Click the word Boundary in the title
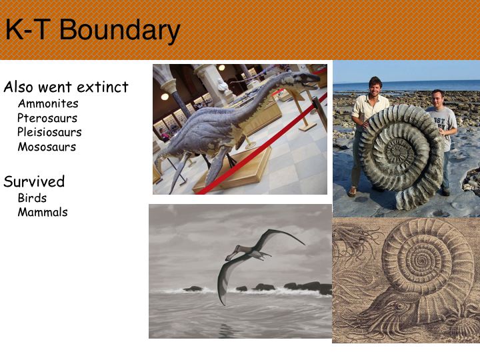(119, 31)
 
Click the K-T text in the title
(28, 29)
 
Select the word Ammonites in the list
(48, 103)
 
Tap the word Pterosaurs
(47, 118)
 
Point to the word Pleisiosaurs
(49, 132)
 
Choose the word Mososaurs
(47, 147)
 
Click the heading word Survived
(34, 181)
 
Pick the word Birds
(32, 198)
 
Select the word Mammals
(43, 212)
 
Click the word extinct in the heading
(102, 87)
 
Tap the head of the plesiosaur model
(306, 78)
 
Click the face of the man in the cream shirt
(375, 88)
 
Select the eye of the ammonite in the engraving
(398, 305)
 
